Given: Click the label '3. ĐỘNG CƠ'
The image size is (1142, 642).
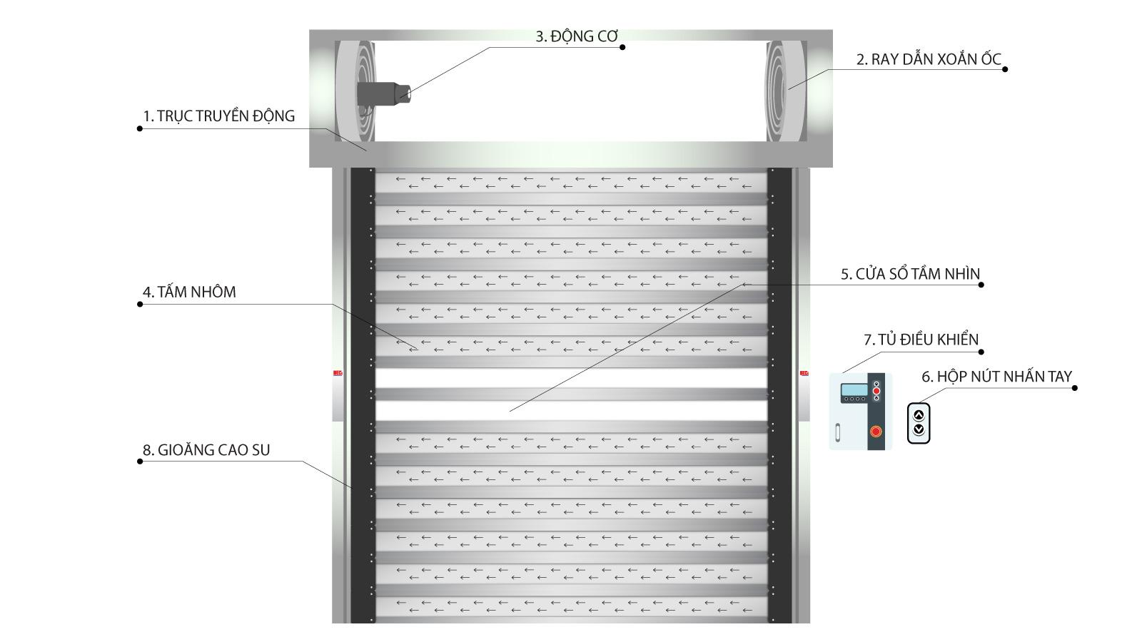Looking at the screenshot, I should click(x=577, y=36).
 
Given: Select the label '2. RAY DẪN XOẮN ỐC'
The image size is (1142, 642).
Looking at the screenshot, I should click(x=929, y=59).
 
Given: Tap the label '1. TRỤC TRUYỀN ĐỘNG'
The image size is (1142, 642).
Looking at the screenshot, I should click(x=218, y=116).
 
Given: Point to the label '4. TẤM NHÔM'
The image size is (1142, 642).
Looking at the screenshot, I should click(x=189, y=292).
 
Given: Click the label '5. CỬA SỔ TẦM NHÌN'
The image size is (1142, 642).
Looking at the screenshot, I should click(x=910, y=274).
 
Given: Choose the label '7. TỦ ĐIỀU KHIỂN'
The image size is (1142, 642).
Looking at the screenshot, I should click(x=921, y=340).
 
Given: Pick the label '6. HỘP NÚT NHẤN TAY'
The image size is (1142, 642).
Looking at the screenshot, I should click(x=996, y=377).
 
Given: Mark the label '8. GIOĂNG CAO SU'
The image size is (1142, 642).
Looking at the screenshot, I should click(x=206, y=450).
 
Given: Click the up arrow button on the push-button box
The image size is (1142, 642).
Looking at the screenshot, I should click(x=919, y=414).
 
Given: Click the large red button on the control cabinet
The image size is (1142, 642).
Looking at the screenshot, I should click(x=876, y=431).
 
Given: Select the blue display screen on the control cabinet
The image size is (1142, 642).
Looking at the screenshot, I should click(x=854, y=389).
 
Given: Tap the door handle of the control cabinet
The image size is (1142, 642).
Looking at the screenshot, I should click(x=837, y=432).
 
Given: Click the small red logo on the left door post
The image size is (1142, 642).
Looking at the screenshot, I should click(x=338, y=372).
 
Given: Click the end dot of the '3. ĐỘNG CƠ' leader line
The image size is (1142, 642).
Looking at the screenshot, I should click(x=622, y=47).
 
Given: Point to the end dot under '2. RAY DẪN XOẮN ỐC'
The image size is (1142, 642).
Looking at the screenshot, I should click(x=1005, y=69).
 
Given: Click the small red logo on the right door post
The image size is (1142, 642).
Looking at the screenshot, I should click(x=804, y=372).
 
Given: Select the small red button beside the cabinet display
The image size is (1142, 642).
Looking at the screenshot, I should click(x=876, y=391).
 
